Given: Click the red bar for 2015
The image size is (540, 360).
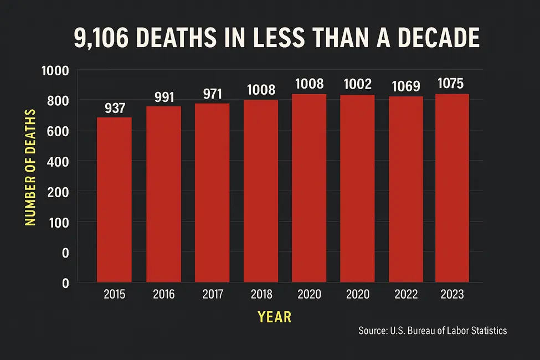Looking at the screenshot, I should coord(115,199).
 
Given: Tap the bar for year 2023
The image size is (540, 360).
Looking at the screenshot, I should coord(452,188).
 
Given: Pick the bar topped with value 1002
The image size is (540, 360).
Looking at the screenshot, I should coord(357,188).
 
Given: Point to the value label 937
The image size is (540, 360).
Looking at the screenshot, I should coord(115,107).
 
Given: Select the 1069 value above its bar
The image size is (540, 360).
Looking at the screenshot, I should coord(405,86).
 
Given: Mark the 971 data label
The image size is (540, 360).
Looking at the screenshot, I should coord(212,92).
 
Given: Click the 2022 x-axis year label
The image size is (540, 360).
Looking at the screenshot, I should coord(406,295).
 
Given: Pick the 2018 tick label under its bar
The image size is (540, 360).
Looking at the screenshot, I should coord(260,295).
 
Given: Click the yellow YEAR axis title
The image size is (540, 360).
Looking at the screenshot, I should coord(274,317).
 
